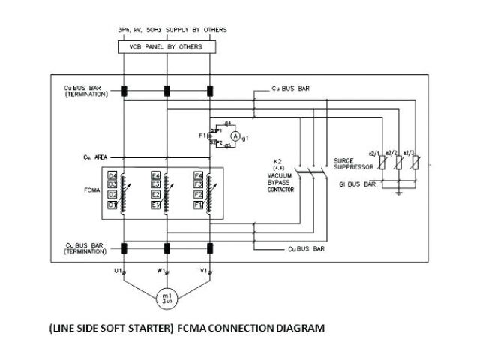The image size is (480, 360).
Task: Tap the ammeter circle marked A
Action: (x=234, y=136)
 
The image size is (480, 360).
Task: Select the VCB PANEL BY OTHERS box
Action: (x=166, y=47)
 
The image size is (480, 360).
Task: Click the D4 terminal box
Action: (x=112, y=176)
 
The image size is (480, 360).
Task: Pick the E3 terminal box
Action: (x=155, y=184)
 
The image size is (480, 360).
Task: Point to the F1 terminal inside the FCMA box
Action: (x=198, y=204)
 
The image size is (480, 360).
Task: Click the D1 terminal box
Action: (x=112, y=204)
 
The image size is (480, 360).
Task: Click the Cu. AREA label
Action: (x=97, y=158)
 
